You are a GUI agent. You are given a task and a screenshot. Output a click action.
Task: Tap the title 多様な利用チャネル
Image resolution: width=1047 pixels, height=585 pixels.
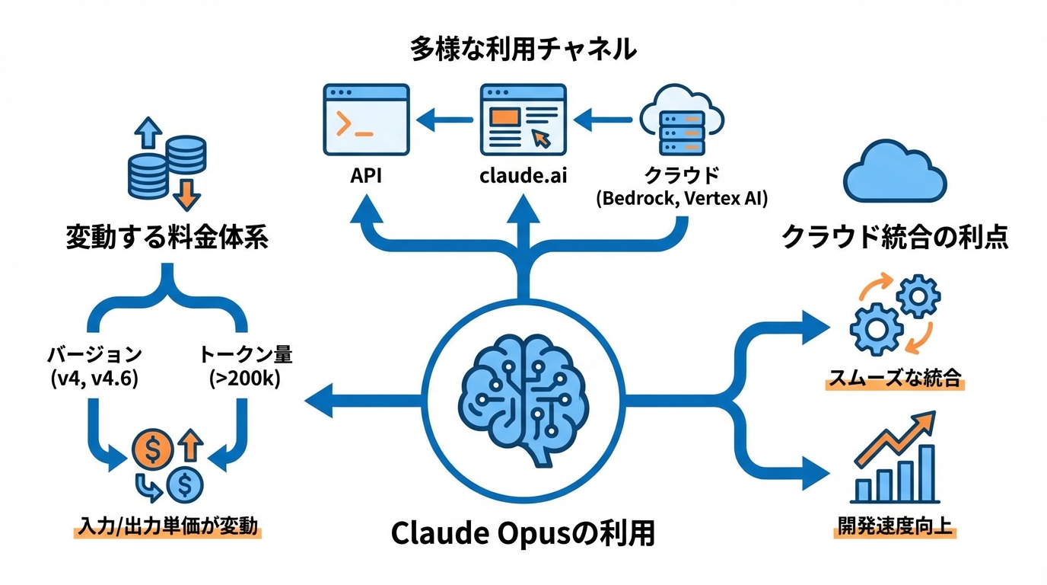point(523,50)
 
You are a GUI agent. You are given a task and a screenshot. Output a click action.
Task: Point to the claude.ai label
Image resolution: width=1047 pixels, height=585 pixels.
point(523,177)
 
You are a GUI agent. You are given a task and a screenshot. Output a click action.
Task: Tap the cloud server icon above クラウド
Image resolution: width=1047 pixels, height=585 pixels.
point(680,122)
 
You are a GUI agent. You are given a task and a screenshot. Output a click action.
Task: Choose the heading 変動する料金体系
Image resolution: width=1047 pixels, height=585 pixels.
point(167,238)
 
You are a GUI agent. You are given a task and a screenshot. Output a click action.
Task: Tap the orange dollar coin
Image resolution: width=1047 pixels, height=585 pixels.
point(153,451)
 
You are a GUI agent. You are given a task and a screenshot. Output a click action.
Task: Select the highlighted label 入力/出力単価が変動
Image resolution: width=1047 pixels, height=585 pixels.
point(167,527)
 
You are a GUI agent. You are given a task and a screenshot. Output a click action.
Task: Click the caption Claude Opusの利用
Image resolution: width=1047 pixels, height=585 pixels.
point(523,533)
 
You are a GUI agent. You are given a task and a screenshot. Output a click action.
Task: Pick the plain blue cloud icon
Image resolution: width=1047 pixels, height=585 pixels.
point(895,173)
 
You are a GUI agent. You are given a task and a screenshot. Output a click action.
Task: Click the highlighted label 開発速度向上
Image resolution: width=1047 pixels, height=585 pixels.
point(895,526)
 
